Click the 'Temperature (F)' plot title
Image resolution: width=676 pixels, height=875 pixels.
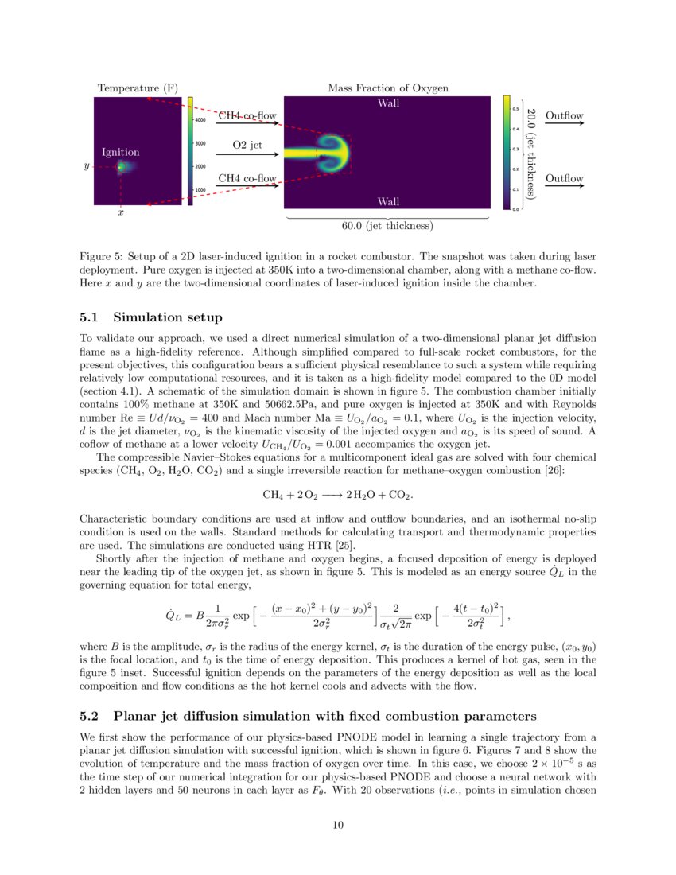[x=137, y=87]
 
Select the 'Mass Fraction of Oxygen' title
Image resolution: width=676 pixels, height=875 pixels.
[x=388, y=87]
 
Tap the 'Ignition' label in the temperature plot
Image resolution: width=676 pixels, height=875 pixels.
[x=121, y=152]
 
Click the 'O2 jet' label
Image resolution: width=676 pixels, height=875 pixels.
[x=247, y=146]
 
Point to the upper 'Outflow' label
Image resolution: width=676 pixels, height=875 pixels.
[x=564, y=116]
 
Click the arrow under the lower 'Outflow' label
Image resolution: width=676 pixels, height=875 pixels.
[x=564, y=187]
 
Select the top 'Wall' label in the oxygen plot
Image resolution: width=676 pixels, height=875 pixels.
[x=388, y=103]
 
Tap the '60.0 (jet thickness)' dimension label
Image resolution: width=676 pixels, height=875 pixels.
[x=387, y=227]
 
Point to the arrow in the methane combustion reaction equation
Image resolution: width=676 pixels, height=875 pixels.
[x=331, y=495]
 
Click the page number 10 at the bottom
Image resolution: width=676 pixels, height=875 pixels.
[x=337, y=825]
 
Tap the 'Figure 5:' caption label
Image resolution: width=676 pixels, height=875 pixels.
[x=102, y=257]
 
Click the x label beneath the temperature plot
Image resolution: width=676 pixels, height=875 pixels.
[x=120, y=213]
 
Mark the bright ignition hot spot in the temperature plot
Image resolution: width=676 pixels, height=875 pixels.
[x=121, y=167]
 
